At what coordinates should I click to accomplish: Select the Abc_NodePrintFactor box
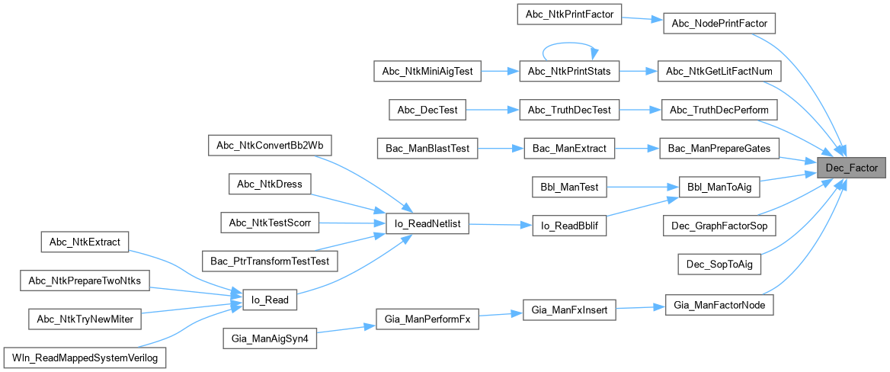point(719,24)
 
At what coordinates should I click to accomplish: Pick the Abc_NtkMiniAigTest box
point(427,72)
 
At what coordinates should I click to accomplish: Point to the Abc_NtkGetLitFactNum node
point(719,72)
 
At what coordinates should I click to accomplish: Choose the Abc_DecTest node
point(427,110)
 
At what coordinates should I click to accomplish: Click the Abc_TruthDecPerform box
point(719,110)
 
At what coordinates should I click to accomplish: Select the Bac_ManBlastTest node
point(427,148)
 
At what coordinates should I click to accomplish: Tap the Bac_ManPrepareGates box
point(719,148)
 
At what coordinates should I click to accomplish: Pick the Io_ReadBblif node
point(568,226)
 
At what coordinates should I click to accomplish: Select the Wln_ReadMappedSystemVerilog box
point(85,357)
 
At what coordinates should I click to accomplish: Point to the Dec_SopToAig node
point(719,264)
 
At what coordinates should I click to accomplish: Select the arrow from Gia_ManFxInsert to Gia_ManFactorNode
point(639,309)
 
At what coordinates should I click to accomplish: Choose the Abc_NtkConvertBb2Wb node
point(270,145)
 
